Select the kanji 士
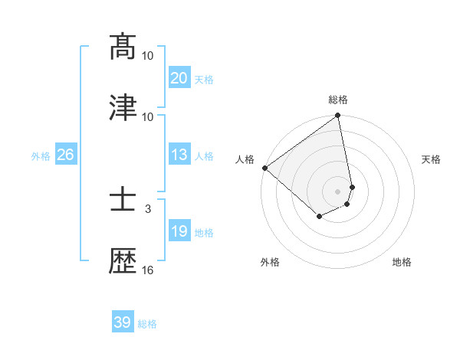pos(123,200)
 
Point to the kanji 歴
pos(123,261)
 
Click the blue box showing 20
pos(179,78)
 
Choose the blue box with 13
pos(179,155)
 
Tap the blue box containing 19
pos(179,232)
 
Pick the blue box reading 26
pos(65,155)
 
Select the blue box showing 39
pos(122,322)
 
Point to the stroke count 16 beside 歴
pos(148,270)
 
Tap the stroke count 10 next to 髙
pos(148,55)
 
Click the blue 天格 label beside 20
pos(204,79)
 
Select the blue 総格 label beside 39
pos(147,323)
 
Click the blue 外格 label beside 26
pos(41,156)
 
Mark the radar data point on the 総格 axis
pos(338,116)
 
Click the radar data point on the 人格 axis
pos(264,168)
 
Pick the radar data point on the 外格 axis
pos(319,218)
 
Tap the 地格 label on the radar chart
pos(402,262)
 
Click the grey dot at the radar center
pos(338,191)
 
